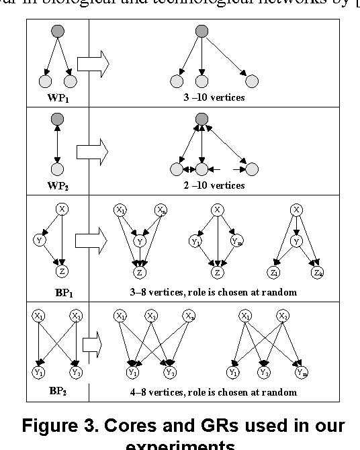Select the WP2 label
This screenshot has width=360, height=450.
[x=56, y=185]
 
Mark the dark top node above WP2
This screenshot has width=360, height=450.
[x=57, y=120]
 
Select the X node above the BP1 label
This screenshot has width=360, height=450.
[x=62, y=210]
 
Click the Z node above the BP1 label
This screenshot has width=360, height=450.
[x=62, y=272]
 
